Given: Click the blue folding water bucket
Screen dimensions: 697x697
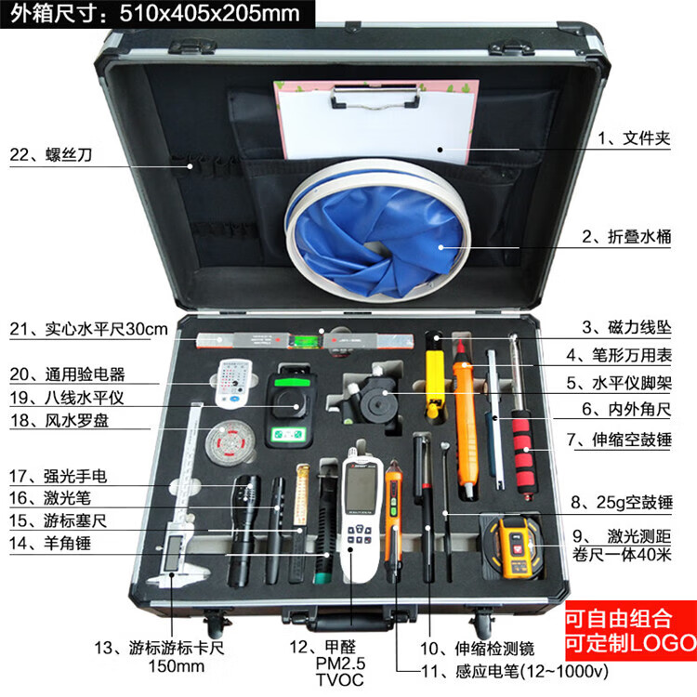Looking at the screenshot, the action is click(378, 231).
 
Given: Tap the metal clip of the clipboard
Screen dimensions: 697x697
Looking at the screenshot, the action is click(375, 98).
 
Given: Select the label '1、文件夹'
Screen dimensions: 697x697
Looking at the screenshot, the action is click(634, 138).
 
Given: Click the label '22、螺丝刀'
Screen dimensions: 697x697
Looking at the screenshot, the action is click(51, 154).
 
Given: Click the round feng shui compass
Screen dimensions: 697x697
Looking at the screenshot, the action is click(230, 442).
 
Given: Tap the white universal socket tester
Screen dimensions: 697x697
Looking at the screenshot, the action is click(233, 383).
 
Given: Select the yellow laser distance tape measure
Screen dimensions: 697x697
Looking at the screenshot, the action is click(513, 547).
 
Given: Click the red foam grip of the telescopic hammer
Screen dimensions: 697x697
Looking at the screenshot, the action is click(524, 452).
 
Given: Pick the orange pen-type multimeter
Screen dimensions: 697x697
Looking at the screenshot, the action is click(465, 418).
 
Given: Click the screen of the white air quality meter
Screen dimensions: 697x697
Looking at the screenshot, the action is click(361, 488).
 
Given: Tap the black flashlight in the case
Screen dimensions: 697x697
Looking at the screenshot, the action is click(243, 530).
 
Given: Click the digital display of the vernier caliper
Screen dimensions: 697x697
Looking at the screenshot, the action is click(174, 553).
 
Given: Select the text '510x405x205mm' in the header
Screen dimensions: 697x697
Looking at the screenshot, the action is click(210, 13).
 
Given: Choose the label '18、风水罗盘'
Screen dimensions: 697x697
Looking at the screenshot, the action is click(59, 420).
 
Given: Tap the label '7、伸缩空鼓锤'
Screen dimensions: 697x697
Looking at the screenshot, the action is click(619, 441).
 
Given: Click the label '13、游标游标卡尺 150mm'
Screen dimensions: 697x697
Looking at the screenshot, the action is click(159, 657).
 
